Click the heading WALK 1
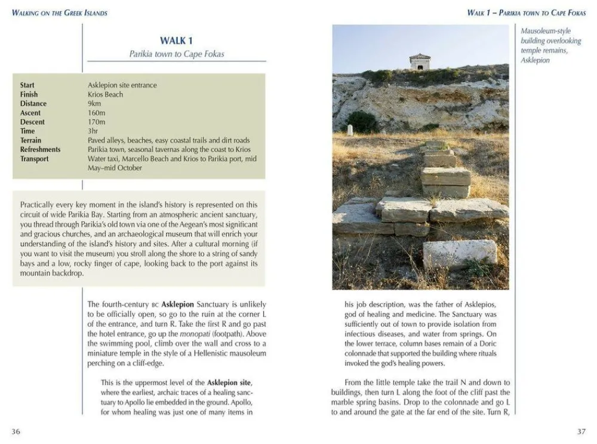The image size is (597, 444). [x=176, y=41]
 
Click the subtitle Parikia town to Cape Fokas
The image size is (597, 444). [x=177, y=54]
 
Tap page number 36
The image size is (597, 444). [x=16, y=431]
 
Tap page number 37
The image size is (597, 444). [x=581, y=431]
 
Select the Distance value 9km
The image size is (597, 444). [x=94, y=103]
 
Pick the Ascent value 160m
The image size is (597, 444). [x=96, y=113]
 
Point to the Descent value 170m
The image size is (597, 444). [x=96, y=122]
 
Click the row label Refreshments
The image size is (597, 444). [x=40, y=149]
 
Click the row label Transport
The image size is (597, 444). [x=35, y=159]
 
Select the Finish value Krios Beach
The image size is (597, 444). [x=105, y=94]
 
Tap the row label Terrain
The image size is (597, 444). [x=31, y=140]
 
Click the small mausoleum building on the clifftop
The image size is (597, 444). [x=420, y=62]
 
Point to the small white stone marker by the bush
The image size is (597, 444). [x=350, y=129]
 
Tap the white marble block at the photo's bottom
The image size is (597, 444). [x=459, y=253]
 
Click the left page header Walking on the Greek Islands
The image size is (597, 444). [x=59, y=13]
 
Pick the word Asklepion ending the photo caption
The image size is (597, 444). [x=535, y=60]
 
